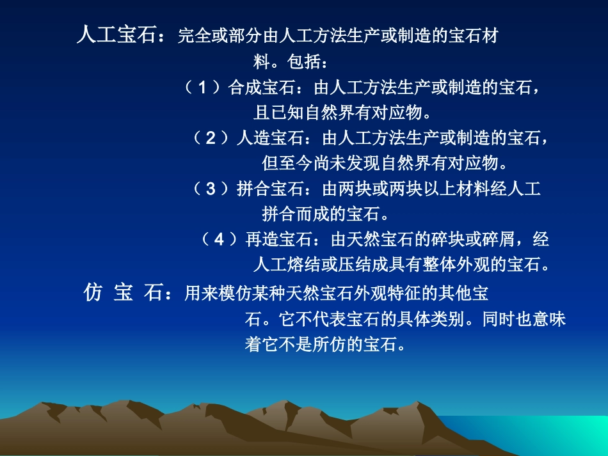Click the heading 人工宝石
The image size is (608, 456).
point(116,35)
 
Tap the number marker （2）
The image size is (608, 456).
point(211,138)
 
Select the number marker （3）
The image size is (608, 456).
point(211,189)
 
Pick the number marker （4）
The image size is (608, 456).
point(220,240)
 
